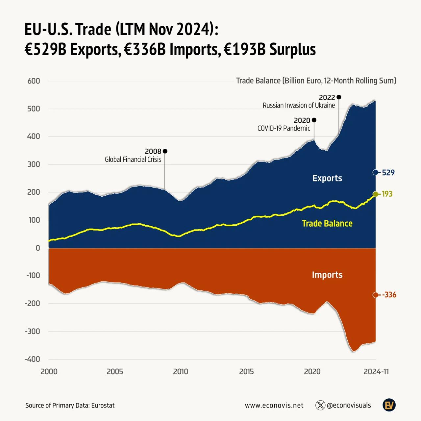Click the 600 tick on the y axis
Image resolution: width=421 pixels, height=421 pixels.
[34, 81]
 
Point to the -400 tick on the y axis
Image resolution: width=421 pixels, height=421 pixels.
[32, 359]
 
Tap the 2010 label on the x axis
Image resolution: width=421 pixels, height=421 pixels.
[181, 372]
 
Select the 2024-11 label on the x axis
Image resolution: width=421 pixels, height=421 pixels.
[376, 372]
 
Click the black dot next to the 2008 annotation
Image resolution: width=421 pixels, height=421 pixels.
[165, 151]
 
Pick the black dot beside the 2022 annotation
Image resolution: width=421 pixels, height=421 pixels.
[339, 97]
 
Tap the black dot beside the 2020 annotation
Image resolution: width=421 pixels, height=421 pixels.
[314, 120]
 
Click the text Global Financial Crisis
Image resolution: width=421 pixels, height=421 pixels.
[133, 160]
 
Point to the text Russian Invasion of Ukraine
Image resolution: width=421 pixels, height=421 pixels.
[299, 106]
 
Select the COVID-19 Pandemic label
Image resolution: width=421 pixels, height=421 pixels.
[284, 128]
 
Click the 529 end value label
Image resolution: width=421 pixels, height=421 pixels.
[388, 173]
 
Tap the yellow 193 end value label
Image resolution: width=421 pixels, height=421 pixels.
[387, 194]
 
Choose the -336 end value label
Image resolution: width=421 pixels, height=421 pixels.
[389, 295]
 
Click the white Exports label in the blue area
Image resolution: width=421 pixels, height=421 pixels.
[327, 178]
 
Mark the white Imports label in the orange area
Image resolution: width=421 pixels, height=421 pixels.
[327, 275]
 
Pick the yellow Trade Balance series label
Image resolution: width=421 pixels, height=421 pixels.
[327, 224]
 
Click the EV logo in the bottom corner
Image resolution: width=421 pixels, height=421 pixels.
[389, 405]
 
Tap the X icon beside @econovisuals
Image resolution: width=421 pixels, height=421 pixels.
[320, 405]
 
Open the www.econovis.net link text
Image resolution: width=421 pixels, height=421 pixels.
[274, 406]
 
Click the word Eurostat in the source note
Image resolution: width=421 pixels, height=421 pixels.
[103, 406]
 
